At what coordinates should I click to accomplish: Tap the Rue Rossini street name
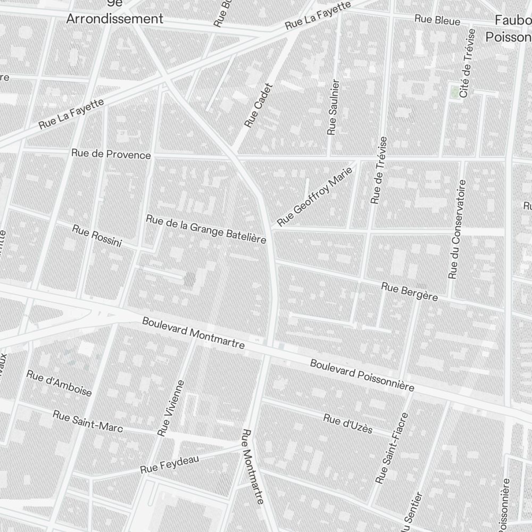tap(97, 236)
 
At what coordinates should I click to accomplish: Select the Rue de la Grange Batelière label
tap(206, 229)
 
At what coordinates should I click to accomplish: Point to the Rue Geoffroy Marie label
tap(315, 197)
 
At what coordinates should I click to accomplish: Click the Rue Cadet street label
tap(259, 105)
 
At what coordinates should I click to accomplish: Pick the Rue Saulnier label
tap(333, 107)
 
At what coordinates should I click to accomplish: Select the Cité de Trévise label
tap(467, 62)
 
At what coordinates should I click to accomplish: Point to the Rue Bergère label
tap(410, 292)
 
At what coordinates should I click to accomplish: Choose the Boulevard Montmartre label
tap(193, 333)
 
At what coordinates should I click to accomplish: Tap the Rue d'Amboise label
tap(59, 383)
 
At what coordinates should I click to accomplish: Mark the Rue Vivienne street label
tap(171, 409)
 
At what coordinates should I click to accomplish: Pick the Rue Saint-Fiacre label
tap(392, 448)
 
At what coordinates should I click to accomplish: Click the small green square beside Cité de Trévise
tap(454, 93)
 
